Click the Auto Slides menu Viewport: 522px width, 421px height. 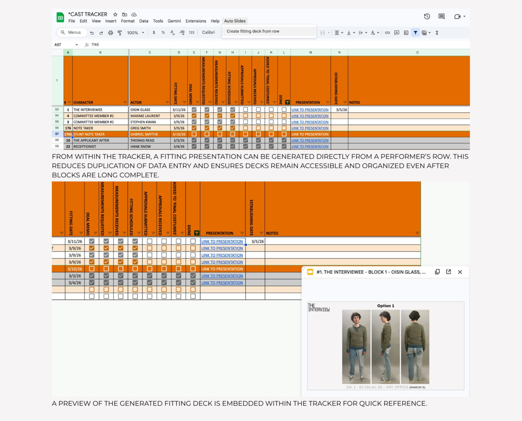(x=235, y=21)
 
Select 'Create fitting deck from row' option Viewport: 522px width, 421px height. (x=253, y=31)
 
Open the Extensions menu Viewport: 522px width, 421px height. (x=196, y=21)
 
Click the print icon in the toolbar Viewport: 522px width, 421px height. (x=110, y=33)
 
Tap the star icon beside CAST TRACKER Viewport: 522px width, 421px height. (x=115, y=14)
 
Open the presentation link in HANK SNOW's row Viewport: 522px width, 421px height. (x=310, y=147)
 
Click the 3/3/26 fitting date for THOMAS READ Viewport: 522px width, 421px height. (x=179, y=140)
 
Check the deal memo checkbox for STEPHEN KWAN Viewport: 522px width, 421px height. (x=194, y=122)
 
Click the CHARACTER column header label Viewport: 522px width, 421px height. (x=83, y=102)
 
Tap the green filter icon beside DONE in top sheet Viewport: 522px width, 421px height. (x=287, y=102)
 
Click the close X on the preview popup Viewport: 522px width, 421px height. (x=460, y=272)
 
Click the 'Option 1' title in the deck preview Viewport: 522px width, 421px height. (x=386, y=306)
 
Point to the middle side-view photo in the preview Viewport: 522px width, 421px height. (x=386, y=347)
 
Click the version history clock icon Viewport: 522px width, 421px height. (x=427, y=17)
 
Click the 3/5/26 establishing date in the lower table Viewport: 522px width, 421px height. (x=258, y=241)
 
